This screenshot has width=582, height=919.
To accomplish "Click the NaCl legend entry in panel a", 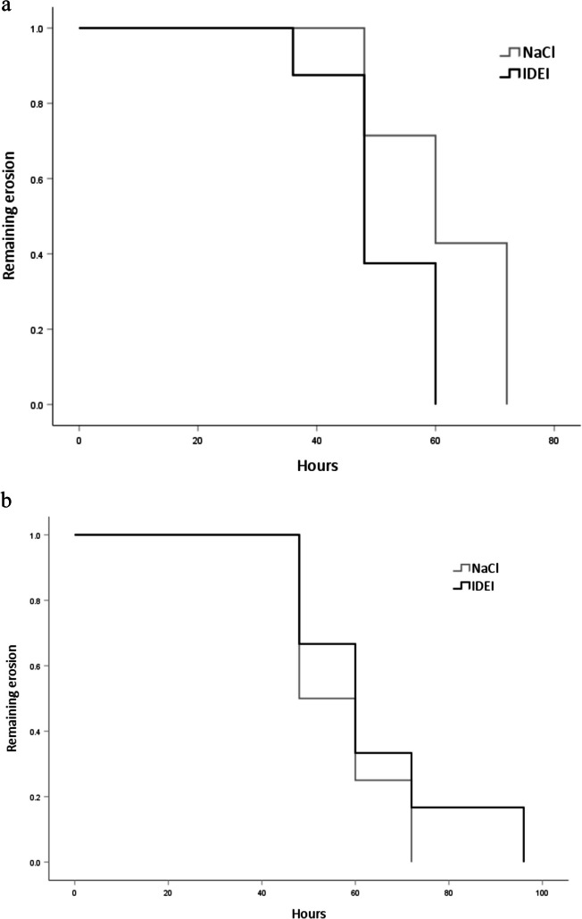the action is pos(527,53).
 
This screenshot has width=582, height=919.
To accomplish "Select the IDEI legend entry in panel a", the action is pos(525,74).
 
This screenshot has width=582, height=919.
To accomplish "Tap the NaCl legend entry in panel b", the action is pos(477,568).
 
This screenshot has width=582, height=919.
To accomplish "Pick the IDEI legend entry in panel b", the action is pos(474,585).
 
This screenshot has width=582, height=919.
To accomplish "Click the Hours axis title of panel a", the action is pos(318,466).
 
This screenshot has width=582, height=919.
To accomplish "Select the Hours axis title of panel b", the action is pos(310,913).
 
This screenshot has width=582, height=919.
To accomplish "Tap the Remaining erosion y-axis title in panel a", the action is pos(9,216).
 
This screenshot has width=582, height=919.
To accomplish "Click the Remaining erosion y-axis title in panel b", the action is pos(12,698).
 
